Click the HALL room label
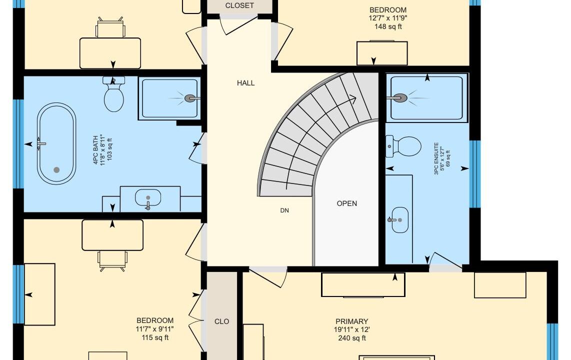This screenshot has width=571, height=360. [x=246, y=83]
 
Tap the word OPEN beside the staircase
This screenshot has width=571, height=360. [x=346, y=203]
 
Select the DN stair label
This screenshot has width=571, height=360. [x=284, y=210]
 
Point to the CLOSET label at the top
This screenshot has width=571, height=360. [x=239, y=5]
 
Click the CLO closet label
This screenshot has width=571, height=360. [x=222, y=321]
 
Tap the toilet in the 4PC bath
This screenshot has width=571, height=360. [x=114, y=94]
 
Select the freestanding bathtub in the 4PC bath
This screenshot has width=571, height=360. [x=56, y=143]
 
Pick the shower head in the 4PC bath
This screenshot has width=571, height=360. [x=190, y=98]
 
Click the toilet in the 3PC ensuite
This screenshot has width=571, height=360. [x=403, y=146]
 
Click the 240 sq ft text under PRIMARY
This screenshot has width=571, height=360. [x=352, y=338]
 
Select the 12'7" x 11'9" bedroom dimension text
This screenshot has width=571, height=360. [x=388, y=18]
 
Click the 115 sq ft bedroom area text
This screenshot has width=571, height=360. [x=155, y=337]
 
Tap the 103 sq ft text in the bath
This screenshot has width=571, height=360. [x=109, y=149]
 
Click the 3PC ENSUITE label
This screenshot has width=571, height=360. [x=436, y=158]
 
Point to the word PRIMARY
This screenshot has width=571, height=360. [x=352, y=321]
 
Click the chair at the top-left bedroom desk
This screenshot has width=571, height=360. [x=110, y=27]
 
